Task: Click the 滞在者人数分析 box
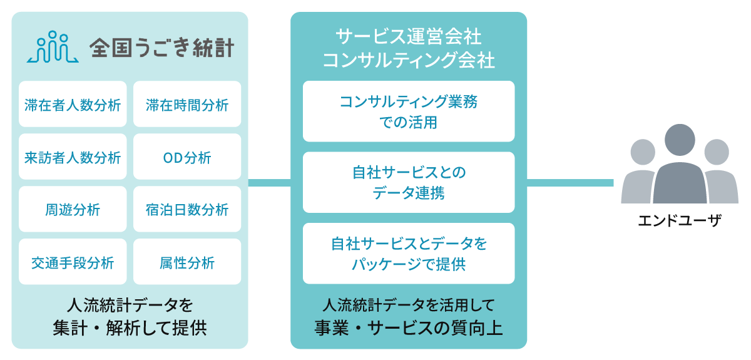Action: tap(73, 105)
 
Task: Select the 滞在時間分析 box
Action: tap(187, 105)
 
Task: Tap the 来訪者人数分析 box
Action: tap(73, 157)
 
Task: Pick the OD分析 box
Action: tap(187, 157)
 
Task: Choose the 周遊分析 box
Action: tap(73, 210)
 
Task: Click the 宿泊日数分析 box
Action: tap(187, 210)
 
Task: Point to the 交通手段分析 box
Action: tap(73, 262)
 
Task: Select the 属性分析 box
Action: tap(187, 262)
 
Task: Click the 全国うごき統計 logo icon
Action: tap(53, 48)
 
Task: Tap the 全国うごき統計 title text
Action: tap(161, 48)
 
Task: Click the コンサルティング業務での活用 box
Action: tap(409, 111)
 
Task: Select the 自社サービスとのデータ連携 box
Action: tap(409, 182)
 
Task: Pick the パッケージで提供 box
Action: tap(409, 254)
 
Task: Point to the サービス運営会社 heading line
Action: tap(409, 35)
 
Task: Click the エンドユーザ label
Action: tap(679, 221)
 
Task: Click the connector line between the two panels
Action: tap(269, 183)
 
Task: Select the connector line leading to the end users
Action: tap(570, 183)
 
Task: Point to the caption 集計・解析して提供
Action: tap(130, 329)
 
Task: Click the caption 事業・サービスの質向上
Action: tap(409, 328)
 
